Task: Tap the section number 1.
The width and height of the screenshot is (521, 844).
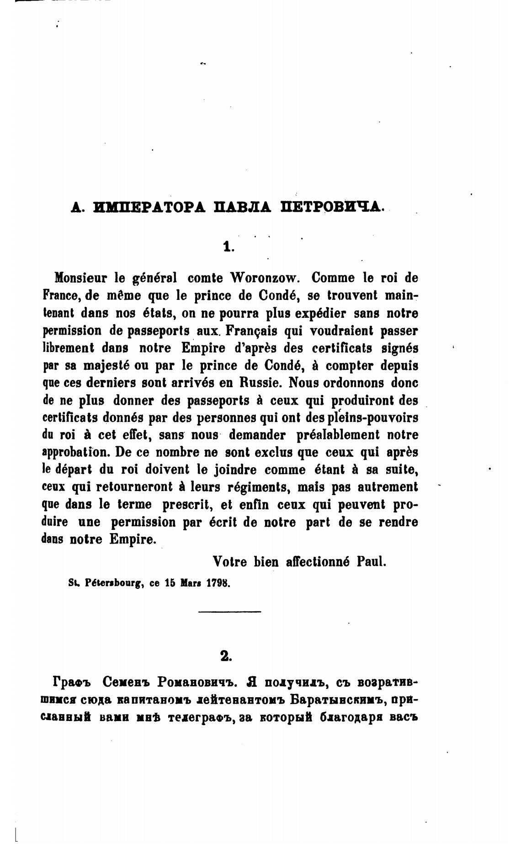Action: coord(228,247)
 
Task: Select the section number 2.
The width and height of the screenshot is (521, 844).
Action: coord(226,656)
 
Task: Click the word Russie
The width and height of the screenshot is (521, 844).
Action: coord(264,382)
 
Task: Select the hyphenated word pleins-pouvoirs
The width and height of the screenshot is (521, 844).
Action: coord(371,417)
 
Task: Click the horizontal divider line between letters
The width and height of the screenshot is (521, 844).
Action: coord(229,611)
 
